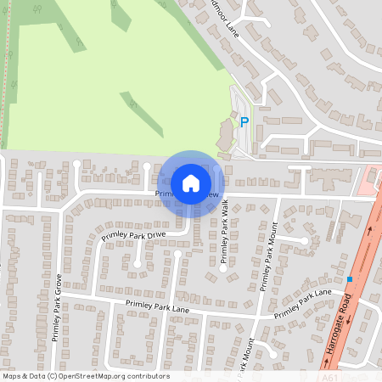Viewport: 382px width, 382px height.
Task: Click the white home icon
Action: (x=191, y=183)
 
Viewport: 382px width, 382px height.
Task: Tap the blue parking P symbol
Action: (x=244, y=122)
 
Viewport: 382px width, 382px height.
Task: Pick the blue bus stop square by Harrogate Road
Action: (x=349, y=278)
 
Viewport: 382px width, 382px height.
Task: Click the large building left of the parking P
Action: (x=226, y=134)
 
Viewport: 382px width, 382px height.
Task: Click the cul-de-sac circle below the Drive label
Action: (x=137, y=263)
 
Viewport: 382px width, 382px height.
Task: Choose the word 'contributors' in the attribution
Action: (x=147, y=376)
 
